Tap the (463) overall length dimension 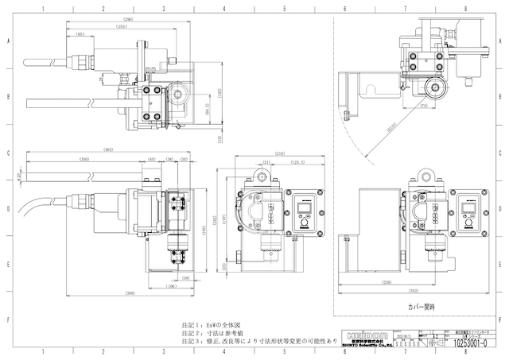coord(107,149)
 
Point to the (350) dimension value coord(84,160)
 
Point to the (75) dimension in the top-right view coord(424,105)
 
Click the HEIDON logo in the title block coord(365,331)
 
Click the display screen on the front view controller coord(302,207)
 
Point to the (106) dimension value coord(170,285)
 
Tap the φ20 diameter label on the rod coord(18,174)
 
